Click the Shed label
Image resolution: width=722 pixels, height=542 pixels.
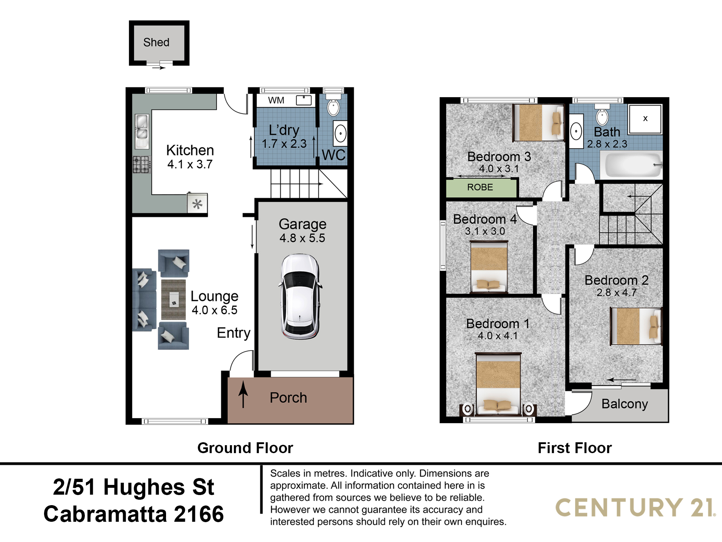click(x=156, y=42)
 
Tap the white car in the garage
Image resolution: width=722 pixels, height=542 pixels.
click(x=300, y=296)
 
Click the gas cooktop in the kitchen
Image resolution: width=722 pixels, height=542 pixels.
click(x=142, y=164)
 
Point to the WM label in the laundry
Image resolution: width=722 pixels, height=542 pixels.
click(x=276, y=100)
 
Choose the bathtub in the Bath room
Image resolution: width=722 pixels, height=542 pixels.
click(x=631, y=164)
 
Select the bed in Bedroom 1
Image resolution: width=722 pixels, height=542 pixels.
click(x=498, y=383)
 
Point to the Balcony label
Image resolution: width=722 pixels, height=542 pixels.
click(x=625, y=404)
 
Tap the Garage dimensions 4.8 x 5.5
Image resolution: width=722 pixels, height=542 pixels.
click(x=302, y=238)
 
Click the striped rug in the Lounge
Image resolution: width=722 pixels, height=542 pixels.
click(x=173, y=299)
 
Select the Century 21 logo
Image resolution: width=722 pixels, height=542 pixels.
click(x=635, y=507)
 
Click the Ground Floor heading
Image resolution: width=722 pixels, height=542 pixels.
click(x=245, y=448)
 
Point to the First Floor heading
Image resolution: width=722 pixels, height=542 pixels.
click(x=575, y=448)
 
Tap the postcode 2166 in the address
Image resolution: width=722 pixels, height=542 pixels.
click(x=199, y=514)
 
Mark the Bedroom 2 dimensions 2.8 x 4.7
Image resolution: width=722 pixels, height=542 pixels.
click(x=617, y=293)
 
